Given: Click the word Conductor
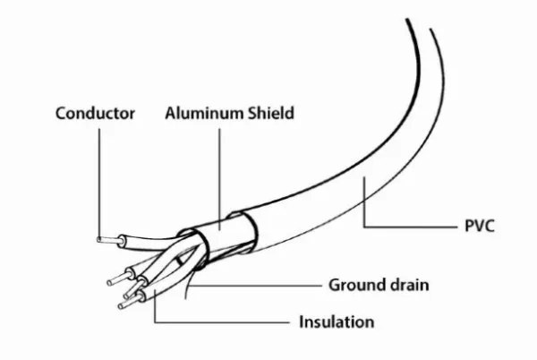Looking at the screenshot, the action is point(95,114).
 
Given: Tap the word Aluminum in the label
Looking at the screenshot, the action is point(204,114).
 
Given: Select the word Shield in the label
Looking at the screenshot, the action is point(271,113).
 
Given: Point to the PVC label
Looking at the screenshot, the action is point(480,227).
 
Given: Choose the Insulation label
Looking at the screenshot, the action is point(337,322).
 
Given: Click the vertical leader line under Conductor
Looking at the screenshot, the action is point(99,183).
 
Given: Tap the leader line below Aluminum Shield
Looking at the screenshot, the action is point(219,179).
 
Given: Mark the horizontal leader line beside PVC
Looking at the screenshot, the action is point(410,227).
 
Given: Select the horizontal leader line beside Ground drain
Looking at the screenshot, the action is point(255,285).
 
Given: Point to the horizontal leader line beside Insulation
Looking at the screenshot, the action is point(222,322).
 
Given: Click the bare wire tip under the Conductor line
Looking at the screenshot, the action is point(109,241).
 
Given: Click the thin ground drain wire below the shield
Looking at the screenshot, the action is point(188,284).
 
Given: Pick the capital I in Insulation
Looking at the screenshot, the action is point(302,322).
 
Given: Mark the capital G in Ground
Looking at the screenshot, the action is point(335,285).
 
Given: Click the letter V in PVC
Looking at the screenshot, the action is point(479,227).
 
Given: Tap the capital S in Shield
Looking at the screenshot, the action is point(253,114).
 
